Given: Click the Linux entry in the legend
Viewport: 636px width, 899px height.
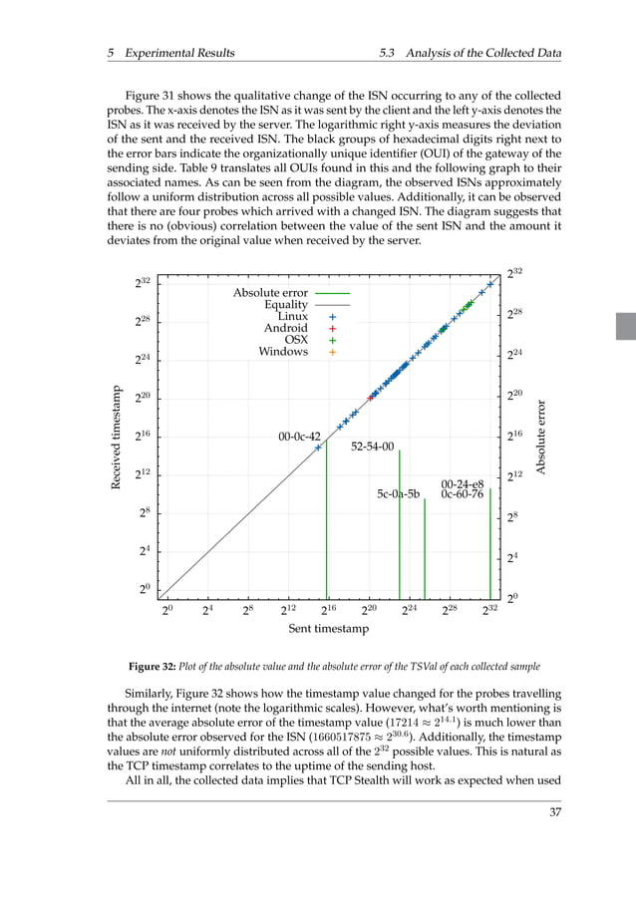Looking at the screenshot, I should [x=292, y=316].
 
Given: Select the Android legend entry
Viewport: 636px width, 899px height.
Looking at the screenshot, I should [x=285, y=328].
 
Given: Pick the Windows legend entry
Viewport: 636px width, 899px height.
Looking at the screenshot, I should [x=283, y=352].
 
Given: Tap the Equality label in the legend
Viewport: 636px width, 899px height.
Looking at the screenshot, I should [x=285, y=305].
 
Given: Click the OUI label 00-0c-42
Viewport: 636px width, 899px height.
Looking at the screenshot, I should [x=299, y=437].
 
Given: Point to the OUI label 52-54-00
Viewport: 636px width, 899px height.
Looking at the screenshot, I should [x=373, y=448].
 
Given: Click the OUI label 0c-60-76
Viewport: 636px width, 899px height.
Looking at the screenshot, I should [x=462, y=493].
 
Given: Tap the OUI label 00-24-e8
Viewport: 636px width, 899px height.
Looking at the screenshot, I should [x=462, y=483].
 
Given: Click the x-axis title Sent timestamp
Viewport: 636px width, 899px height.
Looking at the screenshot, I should [x=328, y=629].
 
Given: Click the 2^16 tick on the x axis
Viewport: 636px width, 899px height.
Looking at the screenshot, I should [x=328, y=609].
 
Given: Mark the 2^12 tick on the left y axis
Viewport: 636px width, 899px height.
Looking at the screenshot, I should [x=143, y=474].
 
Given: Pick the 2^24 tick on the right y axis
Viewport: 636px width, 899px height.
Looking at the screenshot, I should [x=514, y=355].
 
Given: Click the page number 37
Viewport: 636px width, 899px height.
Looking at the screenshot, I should [x=555, y=812].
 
